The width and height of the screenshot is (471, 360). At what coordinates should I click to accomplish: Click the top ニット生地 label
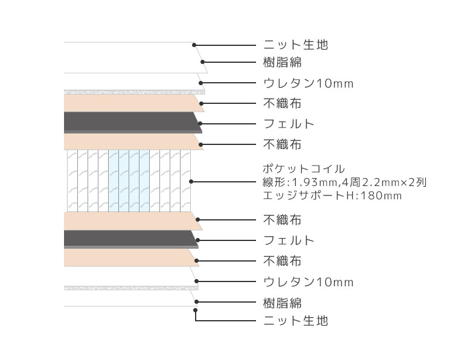click(295, 45)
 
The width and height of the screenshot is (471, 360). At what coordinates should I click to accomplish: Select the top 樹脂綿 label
click(283, 62)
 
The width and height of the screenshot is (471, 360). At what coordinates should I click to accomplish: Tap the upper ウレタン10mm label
click(308, 83)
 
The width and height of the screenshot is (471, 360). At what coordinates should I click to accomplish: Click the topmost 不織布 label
click(283, 103)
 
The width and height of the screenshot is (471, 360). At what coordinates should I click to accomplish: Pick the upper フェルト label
click(289, 124)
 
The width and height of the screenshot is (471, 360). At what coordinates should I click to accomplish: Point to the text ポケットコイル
click(304, 169)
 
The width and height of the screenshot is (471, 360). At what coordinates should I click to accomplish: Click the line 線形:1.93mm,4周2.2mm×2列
click(345, 182)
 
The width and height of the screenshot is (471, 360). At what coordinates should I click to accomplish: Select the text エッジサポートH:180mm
click(332, 196)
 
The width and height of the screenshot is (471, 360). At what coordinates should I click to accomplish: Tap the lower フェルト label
click(289, 240)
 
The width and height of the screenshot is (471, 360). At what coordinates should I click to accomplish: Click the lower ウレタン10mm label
click(308, 282)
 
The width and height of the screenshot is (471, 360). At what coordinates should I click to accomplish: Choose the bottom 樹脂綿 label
click(283, 303)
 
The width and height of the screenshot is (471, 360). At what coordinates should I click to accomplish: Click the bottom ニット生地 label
click(295, 321)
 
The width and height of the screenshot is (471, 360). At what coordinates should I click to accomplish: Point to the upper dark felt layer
click(132, 122)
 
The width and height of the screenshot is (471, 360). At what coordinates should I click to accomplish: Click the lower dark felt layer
click(131, 239)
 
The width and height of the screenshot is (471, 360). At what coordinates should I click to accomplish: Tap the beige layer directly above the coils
click(133, 141)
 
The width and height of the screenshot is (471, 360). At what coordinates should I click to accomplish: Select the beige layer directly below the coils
click(132, 221)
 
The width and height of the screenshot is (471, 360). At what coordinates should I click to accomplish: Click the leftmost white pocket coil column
click(72, 181)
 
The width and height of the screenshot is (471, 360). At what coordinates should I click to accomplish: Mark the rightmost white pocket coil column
click(185, 181)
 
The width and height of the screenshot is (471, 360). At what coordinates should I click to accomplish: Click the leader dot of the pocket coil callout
click(191, 181)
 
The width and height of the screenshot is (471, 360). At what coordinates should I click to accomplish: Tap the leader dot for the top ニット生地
click(194, 45)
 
